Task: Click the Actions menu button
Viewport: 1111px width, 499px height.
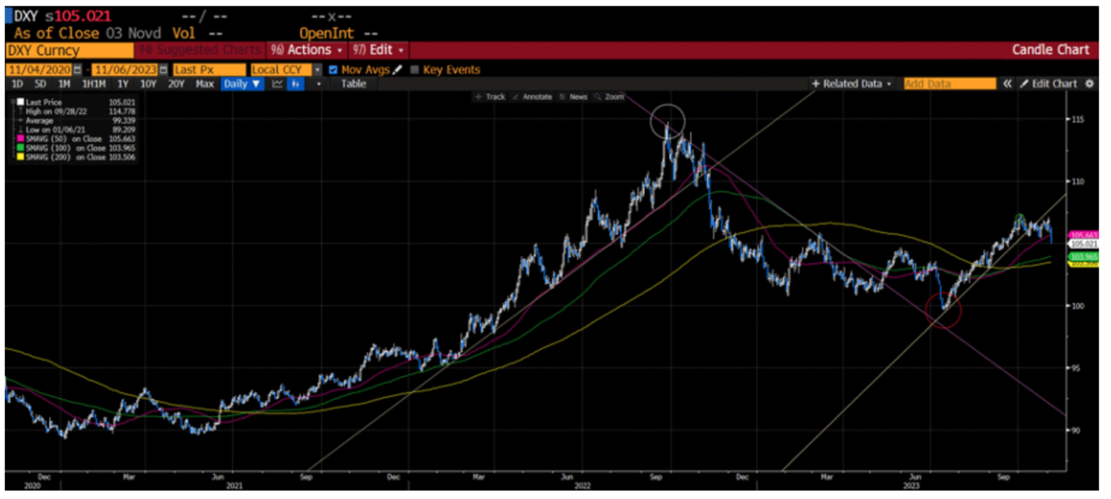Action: pos(307,50)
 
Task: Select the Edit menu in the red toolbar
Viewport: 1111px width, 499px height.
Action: pos(378,50)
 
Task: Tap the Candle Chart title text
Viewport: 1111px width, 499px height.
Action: pos(1050,50)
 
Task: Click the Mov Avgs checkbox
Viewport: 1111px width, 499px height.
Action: pos(333,70)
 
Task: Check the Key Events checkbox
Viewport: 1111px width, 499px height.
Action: pos(414,70)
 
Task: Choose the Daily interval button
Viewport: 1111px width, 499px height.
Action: pos(240,84)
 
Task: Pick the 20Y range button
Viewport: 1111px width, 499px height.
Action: pos(176,84)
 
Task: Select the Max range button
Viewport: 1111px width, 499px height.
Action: pos(205,84)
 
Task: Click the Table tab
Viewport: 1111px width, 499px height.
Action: pos(354,84)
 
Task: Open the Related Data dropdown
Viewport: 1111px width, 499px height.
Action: pos(852,84)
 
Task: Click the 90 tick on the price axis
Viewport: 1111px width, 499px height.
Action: pos(1078,430)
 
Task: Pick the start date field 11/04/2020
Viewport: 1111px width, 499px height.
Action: pos(41,70)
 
